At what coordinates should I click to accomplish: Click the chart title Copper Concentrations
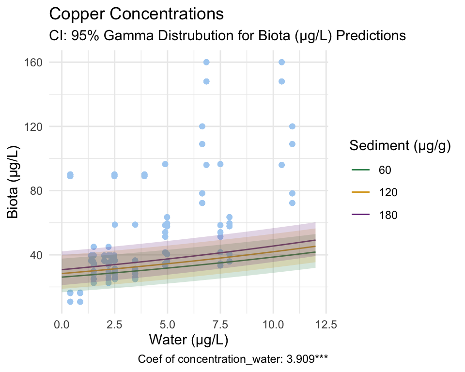137,14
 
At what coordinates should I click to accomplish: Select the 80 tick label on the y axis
39,190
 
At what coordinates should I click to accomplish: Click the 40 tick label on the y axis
39,255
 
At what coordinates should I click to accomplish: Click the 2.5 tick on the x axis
115,324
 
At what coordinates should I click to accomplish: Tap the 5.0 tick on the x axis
168,324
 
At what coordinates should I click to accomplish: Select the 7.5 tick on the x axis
220,324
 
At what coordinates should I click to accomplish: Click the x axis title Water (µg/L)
188,340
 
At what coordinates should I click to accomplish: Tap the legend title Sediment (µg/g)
401,146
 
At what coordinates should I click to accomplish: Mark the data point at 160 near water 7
206,62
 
